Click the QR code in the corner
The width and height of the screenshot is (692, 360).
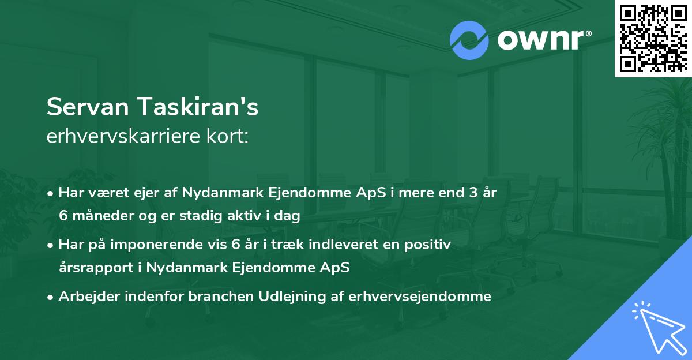pyautogui.click(x=653, y=38)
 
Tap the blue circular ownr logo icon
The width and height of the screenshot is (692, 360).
pyautogui.click(x=469, y=40)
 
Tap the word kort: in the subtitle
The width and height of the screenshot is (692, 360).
pyautogui.click(x=229, y=136)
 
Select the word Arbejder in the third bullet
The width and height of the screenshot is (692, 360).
pyautogui.click(x=85, y=297)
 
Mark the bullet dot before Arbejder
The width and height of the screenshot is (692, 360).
pyautogui.click(x=51, y=297)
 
